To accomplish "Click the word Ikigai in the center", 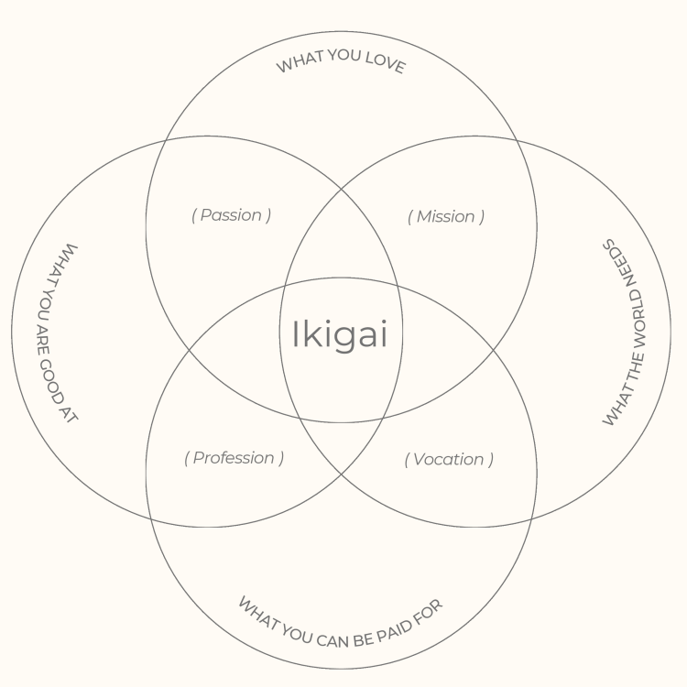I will click(340, 334).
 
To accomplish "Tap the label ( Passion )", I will click(232, 215).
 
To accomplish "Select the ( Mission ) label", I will click(446, 216).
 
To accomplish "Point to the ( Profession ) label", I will click(234, 458).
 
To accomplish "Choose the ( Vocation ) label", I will click(449, 459).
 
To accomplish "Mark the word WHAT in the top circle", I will click(298, 64).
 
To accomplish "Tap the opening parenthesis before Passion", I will click(194, 215).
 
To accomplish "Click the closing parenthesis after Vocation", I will click(491, 459).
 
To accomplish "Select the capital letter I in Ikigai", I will click(295, 334).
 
